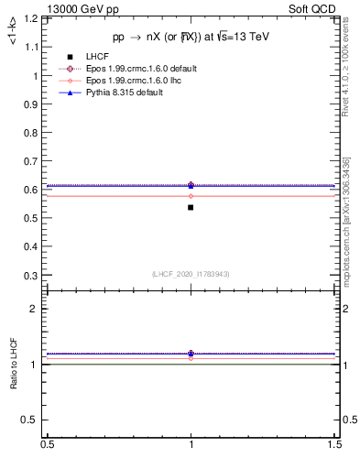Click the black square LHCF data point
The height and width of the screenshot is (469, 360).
click(191, 207)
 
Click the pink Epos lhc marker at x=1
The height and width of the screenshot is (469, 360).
click(191, 196)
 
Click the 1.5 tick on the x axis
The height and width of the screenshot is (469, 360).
click(335, 444)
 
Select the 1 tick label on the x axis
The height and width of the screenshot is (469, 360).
click(191, 444)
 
